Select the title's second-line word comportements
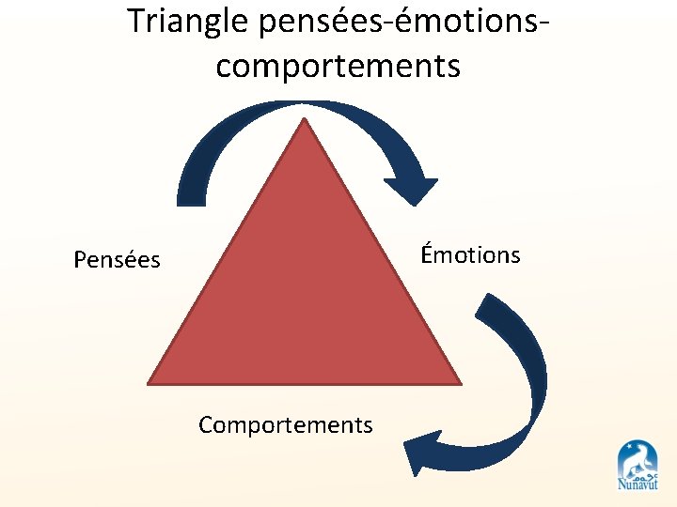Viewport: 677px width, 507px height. [338, 66]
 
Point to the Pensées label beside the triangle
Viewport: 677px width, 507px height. [117, 259]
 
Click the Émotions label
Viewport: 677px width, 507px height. [470, 254]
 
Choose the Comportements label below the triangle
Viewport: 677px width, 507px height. [285, 425]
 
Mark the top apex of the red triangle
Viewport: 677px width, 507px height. [304, 120]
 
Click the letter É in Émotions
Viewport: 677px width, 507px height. [427, 253]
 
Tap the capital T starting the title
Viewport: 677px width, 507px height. [136, 21]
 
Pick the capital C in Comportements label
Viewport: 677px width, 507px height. [206, 425]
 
